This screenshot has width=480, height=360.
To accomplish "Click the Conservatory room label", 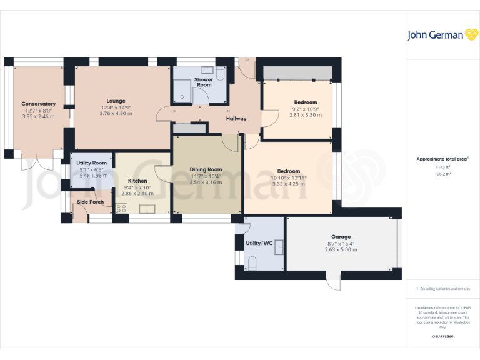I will (38, 104).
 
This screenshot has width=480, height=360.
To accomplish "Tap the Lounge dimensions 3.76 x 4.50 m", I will (116, 114).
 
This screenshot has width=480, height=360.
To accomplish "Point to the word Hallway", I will (236, 118).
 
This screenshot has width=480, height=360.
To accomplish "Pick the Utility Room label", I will (91, 162).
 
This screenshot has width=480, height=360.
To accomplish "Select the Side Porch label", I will (91, 202).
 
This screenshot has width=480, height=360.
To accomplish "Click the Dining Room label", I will (206, 169).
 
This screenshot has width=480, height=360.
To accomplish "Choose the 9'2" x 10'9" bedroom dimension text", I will (306, 109).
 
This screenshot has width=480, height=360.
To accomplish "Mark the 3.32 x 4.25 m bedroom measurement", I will (288, 183).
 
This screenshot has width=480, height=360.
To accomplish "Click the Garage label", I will (341, 237).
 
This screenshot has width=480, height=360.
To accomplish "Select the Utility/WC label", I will (259, 243).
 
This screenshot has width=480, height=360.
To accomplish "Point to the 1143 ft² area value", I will (442, 167).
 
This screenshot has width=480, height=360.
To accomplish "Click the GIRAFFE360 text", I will (442, 337).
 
